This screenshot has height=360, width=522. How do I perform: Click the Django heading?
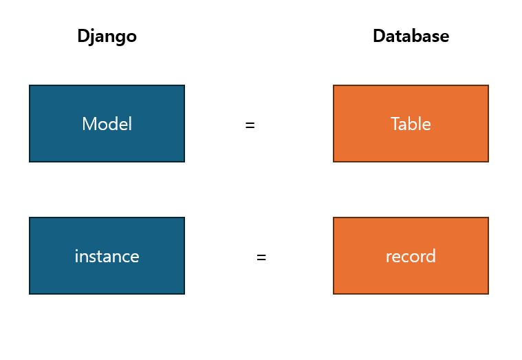pyautogui.click(x=107, y=36)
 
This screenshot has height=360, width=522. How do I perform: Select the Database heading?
pyautogui.click(x=411, y=36)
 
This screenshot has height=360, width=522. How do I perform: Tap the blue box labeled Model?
pyautogui.click(x=107, y=124)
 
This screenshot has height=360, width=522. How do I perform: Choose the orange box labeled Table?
pyautogui.click(x=411, y=124)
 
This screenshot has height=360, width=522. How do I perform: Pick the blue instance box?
pyautogui.click(x=107, y=255)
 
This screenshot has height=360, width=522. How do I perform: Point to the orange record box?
pyautogui.click(x=411, y=255)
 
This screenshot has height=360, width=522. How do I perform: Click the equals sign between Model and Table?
pyautogui.click(x=250, y=125)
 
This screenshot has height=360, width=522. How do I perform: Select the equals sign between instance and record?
pyautogui.click(x=261, y=257)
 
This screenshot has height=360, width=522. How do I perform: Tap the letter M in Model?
pyautogui.click(x=88, y=124)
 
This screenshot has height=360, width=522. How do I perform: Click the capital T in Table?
pyautogui.click(x=395, y=124)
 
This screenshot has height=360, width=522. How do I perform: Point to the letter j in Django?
pyautogui.click(x=91, y=37)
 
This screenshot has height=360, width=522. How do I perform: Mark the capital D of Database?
pyautogui.click(x=378, y=36)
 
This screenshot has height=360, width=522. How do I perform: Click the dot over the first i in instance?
pyautogui.click(x=76, y=251)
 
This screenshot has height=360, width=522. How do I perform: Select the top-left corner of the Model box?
pyautogui.click(x=30, y=85)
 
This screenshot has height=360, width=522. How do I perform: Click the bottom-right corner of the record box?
pyautogui.click(x=488, y=293)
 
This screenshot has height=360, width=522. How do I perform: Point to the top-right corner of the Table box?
pyautogui.click(x=488, y=85)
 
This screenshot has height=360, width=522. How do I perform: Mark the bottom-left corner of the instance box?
pyautogui.click(x=30, y=293)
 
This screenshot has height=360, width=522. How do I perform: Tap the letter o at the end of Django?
pyautogui.click(x=131, y=37)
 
